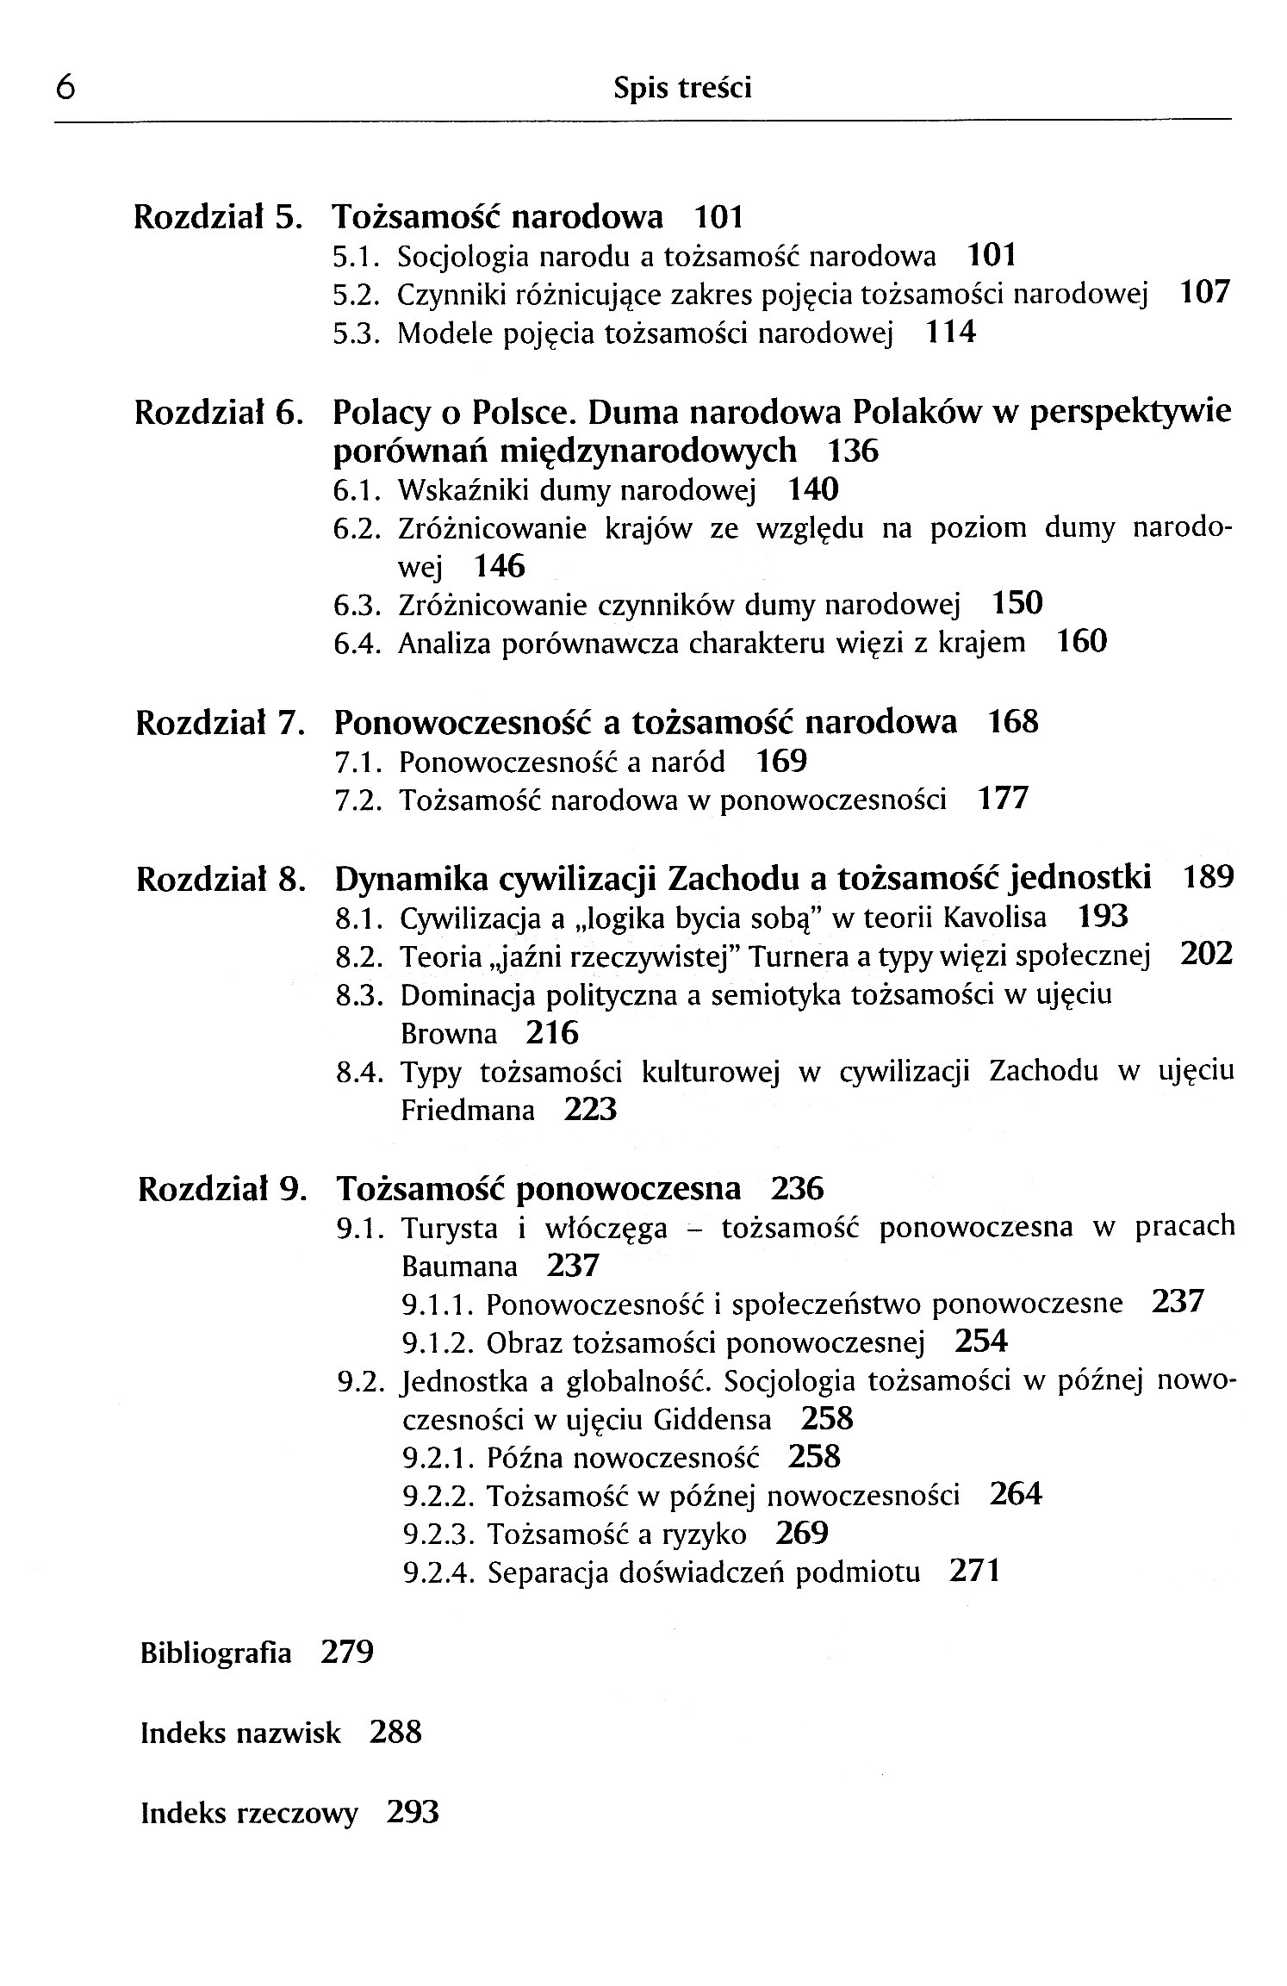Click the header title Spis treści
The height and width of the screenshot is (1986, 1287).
coord(682,88)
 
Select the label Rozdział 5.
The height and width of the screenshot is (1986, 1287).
coord(218,216)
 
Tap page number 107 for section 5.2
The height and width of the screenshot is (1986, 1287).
coord(1204,294)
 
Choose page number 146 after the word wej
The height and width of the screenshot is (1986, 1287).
coord(500,566)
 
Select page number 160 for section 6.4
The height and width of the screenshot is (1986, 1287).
coord(1081,642)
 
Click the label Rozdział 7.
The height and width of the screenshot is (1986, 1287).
coord(220,723)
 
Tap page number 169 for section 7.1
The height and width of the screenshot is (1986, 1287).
coord(781,762)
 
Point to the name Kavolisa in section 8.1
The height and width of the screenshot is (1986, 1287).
coord(996,918)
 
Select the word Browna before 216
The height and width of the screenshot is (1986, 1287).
coord(449,1034)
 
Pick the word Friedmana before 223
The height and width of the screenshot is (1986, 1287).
coord(468,1111)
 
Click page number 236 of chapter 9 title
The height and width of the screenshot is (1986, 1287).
coord(797,1189)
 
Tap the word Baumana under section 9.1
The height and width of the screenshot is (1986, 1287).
coord(459,1267)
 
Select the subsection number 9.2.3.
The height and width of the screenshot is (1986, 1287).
coord(438,1535)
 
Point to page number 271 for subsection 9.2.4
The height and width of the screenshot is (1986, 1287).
coord(973,1572)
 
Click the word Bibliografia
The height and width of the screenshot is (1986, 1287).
coord(215,1653)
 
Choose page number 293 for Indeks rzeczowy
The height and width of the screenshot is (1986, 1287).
coord(413,1813)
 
